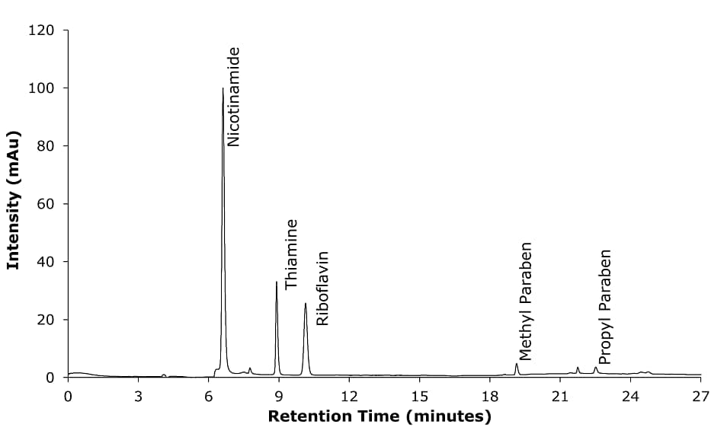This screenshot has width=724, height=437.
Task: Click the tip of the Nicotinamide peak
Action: click(223, 88)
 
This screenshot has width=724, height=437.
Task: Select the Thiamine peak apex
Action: click(277, 282)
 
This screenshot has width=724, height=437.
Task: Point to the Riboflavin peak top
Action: click(306, 303)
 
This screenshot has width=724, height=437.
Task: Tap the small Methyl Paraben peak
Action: click(517, 364)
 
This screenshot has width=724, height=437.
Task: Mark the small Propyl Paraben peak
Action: click(596, 368)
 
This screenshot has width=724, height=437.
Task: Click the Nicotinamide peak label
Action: click(234, 97)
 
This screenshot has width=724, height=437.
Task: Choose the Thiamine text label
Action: click(291, 254)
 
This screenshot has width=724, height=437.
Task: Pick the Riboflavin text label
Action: click(322, 288)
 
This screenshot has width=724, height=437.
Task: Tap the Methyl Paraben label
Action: click(525, 301)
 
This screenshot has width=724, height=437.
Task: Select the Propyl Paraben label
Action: click(604, 307)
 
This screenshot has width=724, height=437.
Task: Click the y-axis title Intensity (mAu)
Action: click(13, 200)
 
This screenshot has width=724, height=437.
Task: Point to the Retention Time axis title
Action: click(380, 416)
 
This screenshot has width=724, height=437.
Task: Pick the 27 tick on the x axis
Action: click(700, 396)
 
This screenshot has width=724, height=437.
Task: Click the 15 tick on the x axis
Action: click(419, 396)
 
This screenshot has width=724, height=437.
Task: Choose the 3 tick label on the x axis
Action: click(138, 396)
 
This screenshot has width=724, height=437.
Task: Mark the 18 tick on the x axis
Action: click(489, 396)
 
